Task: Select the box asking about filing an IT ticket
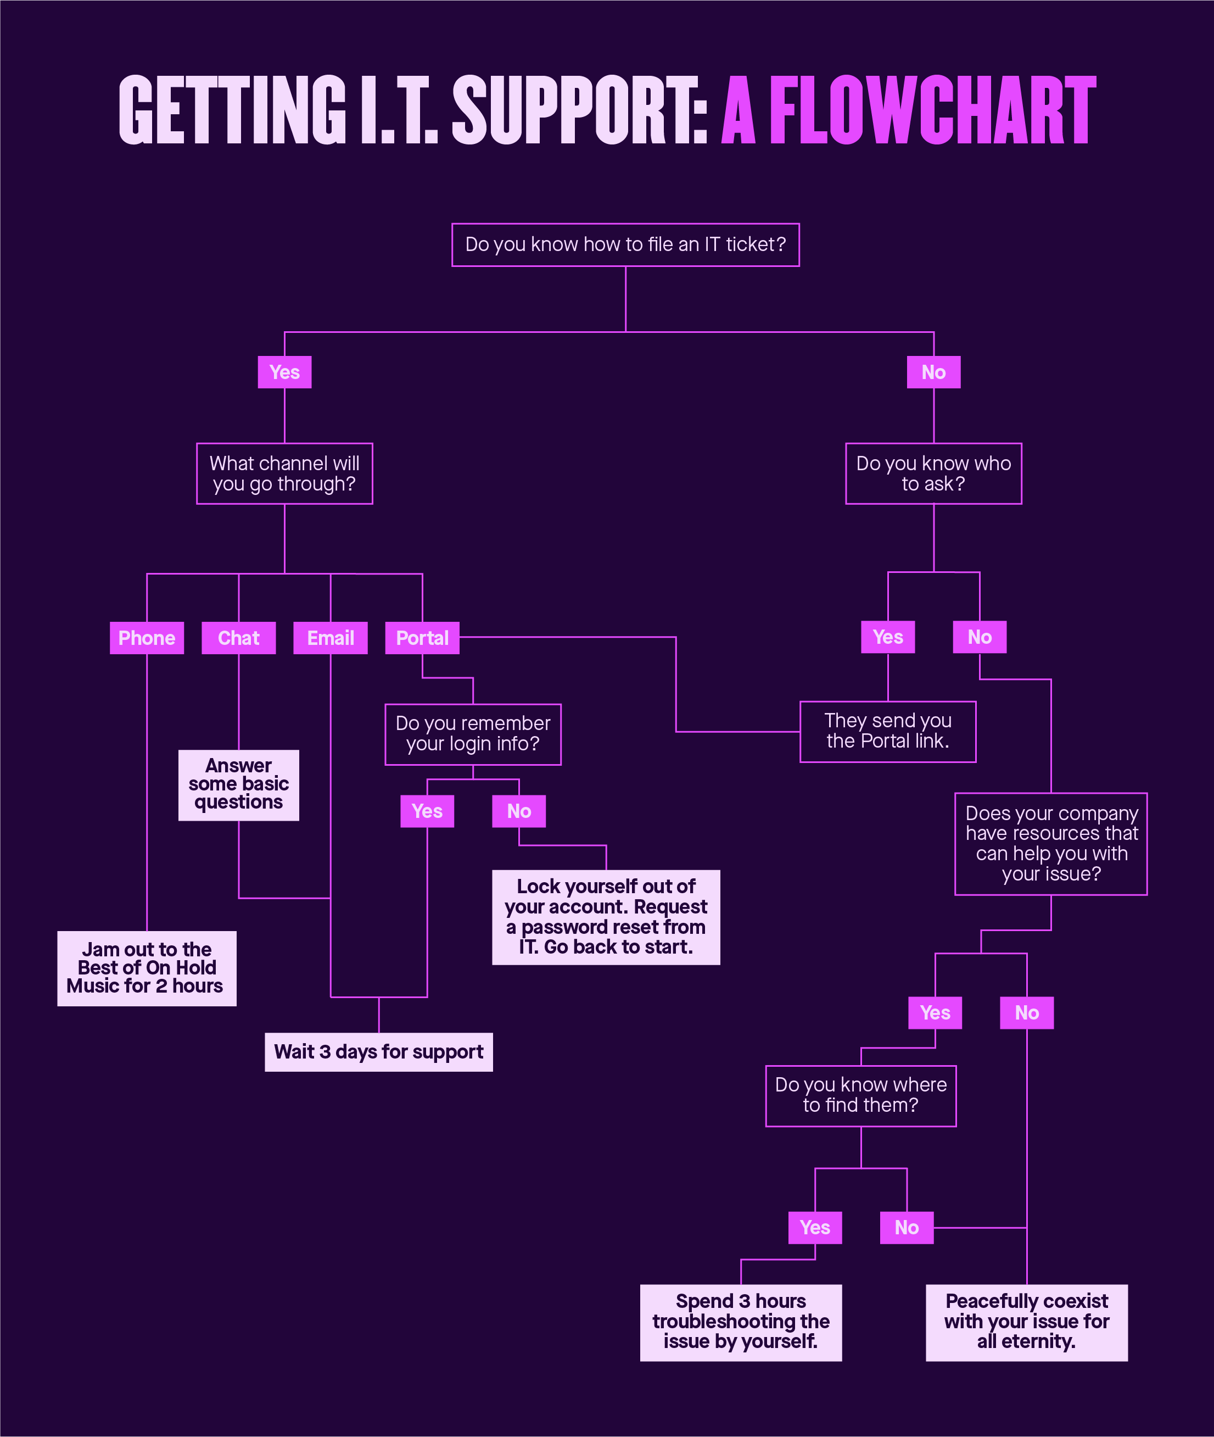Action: tap(625, 244)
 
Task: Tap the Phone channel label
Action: tap(147, 638)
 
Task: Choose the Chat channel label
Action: tap(238, 638)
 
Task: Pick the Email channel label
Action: tap(331, 638)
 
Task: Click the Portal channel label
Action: tap(422, 638)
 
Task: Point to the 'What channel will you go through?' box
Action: tap(284, 474)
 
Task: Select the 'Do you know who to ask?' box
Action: tap(933, 474)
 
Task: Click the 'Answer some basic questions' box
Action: tap(238, 785)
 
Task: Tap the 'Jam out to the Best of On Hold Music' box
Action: tap(147, 968)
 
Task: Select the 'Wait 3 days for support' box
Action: tap(378, 1051)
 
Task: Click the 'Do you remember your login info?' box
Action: tap(473, 734)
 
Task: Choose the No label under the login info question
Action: tap(519, 811)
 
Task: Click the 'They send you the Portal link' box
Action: tap(888, 731)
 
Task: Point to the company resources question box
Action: tap(1051, 844)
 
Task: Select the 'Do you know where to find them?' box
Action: tap(860, 1095)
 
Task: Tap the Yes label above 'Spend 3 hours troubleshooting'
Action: tap(815, 1227)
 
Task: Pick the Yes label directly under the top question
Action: tap(284, 372)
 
